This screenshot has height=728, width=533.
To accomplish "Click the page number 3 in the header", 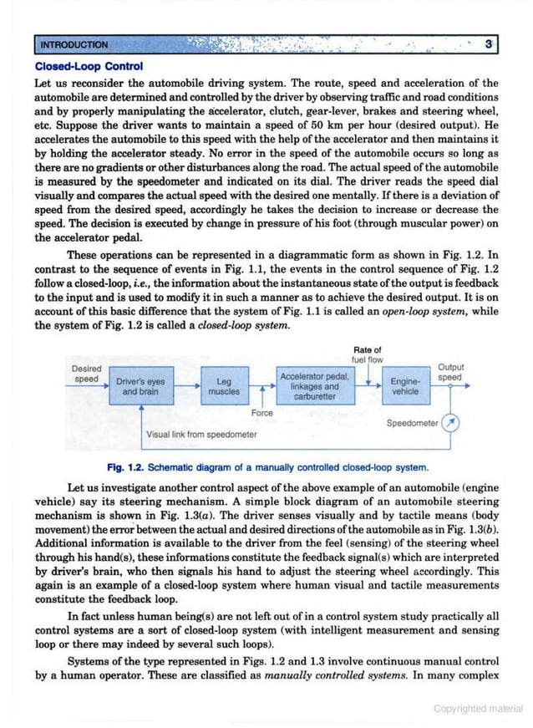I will [x=488, y=44].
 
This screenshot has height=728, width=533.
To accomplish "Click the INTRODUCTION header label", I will [x=73, y=45].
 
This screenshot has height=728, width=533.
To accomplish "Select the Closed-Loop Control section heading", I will [x=89, y=66].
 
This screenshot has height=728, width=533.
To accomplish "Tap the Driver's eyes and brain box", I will [x=140, y=386].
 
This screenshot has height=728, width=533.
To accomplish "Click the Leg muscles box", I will [x=223, y=386].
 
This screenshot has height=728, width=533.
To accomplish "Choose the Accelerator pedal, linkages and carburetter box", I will [x=314, y=386].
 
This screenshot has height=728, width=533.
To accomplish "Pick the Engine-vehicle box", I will [x=405, y=386].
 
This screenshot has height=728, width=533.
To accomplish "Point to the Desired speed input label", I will [x=86, y=374].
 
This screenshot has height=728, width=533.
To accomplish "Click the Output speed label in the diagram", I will [x=450, y=372].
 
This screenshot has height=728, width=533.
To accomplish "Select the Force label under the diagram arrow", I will [x=261, y=413].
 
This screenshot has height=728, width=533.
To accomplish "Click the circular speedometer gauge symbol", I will [x=451, y=423].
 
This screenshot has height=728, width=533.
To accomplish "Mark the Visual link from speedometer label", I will [x=201, y=434].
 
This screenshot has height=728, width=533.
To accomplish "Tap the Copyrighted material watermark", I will [x=478, y=709].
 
